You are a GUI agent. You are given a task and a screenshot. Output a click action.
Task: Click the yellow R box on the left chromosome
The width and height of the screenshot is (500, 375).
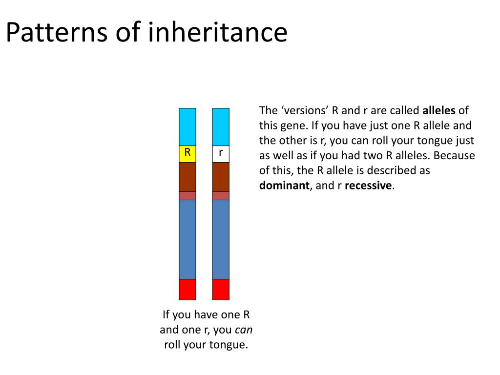point(187,154)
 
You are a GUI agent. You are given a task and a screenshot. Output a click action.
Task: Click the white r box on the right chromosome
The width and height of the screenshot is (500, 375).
point(221,154)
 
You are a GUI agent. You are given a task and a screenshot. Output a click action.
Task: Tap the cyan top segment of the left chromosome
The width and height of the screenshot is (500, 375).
point(187,127)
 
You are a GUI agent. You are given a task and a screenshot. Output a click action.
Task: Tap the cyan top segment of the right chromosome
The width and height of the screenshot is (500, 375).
point(221,127)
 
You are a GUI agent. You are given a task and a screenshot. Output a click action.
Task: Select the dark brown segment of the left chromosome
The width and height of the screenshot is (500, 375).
point(187,177)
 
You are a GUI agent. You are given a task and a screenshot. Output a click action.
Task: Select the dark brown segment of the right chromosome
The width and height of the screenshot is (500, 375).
point(221,177)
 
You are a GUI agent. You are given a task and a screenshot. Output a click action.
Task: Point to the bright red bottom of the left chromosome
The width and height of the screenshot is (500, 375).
point(187,289)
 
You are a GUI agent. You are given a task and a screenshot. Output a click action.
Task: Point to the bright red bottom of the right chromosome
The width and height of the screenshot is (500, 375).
point(221,289)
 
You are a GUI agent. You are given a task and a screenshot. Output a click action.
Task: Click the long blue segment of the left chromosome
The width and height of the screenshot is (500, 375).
point(187,239)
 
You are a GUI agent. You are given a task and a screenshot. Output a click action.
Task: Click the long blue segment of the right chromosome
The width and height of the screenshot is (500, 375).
point(221,239)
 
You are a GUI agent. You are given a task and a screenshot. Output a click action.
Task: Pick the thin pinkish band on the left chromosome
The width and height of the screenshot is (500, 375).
point(187,196)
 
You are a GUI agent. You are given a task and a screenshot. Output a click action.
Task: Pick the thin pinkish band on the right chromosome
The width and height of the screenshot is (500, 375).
point(221,196)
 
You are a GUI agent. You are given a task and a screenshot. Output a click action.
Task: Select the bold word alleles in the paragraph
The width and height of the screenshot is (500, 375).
point(438,110)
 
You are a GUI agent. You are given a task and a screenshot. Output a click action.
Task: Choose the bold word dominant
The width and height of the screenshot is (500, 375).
point(284,186)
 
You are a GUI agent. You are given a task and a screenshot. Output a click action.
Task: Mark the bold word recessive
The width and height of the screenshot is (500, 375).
point(368,186)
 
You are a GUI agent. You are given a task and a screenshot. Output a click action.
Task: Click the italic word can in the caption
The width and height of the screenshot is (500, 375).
point(244,330)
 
